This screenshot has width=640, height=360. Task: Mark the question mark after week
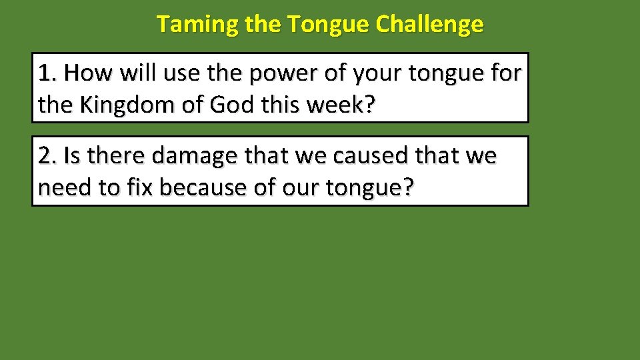click(x=369, y=105)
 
